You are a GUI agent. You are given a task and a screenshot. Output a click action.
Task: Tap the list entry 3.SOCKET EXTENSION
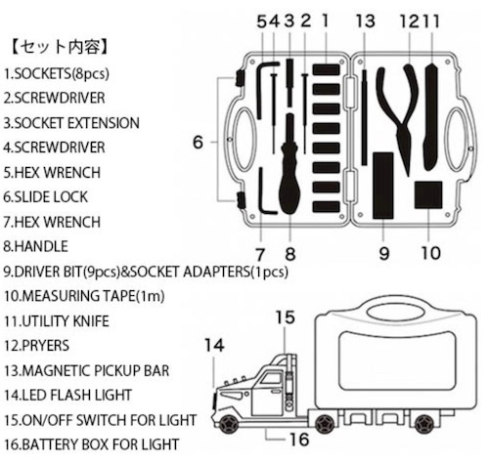tap(70, 124)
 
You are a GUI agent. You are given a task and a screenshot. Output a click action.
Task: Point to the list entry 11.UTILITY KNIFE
tap(61, 319)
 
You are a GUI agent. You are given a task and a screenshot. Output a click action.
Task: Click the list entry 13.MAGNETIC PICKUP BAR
tap(86, 369)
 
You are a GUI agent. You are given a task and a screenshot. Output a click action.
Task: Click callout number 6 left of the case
tap(199, 143)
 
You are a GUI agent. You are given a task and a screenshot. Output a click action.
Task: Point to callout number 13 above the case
tap(365, 20)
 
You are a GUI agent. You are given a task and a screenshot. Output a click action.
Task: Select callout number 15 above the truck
tap(284, 316)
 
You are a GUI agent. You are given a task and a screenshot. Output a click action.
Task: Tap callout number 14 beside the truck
tap(215, 344)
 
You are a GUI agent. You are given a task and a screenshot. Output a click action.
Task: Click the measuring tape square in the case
tap(427, 194)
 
